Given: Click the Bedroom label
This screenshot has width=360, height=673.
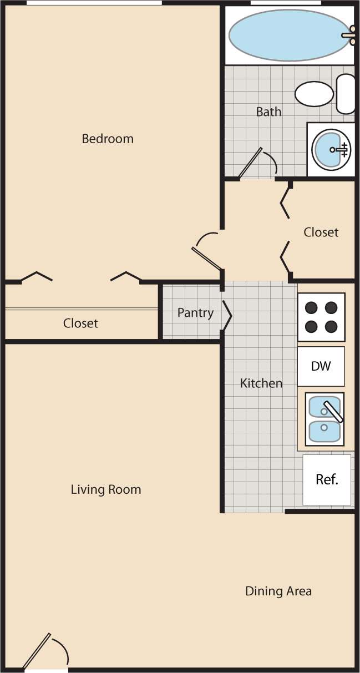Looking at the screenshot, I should click(x=108, y=139).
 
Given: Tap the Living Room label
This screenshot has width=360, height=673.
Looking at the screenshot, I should click(x=106, y=490).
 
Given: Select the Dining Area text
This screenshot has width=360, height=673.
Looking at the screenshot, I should click(x=278, y=591).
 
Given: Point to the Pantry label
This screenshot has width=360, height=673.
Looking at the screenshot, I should click(x=195, y=313).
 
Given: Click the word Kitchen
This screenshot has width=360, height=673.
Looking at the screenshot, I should click(x=261, y=383).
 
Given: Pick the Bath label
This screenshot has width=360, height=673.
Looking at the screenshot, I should click(x=268, y=112).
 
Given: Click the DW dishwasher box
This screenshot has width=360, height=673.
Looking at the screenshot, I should click(x=321, y=366).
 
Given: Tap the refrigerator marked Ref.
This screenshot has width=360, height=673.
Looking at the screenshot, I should click(x=327, y=480).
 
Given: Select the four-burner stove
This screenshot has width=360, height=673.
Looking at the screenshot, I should click(x=321, y=317).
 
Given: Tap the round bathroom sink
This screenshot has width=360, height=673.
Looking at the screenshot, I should click(x=331, y=149).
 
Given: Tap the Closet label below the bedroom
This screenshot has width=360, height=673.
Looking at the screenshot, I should click(x=80, y=323).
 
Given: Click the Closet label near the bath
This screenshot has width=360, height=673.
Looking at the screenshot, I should click(x=321, y=232).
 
